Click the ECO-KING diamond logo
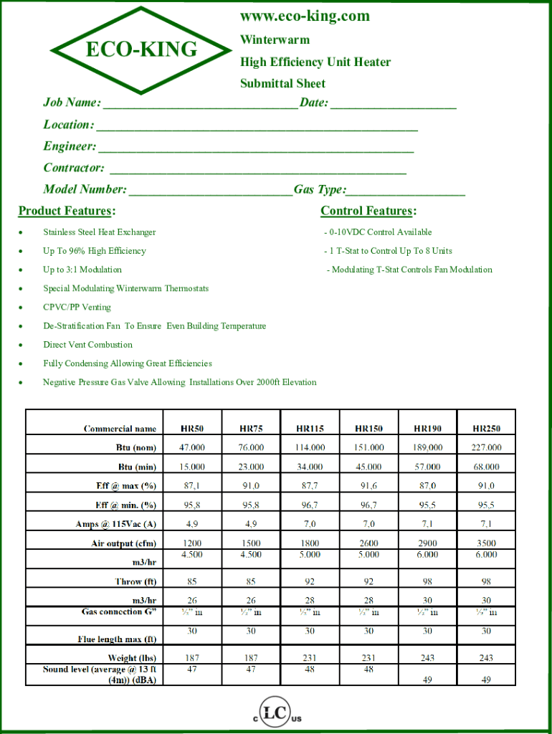[x=141, y=49]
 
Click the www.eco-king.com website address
[x=305, y=16]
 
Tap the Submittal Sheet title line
[x=282, y=83]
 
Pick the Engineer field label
[x=70, y=146]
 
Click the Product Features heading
[x=67, y=211]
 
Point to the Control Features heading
[x=368, y=211]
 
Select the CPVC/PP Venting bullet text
[x=77, y=308]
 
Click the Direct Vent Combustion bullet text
[x=87, y=345]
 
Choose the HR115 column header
[x=310, y=429]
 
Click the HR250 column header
[x=486, y=429]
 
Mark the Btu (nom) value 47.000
[x=191, y=447]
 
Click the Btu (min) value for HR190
[x=427, y=467]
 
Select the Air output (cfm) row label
[x=123, y=543]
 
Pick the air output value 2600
[x=368, y=543]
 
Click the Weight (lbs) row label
[x=132, y=658]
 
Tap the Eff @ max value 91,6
[x=368, y=486]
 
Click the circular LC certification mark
[x=276, y=714]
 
